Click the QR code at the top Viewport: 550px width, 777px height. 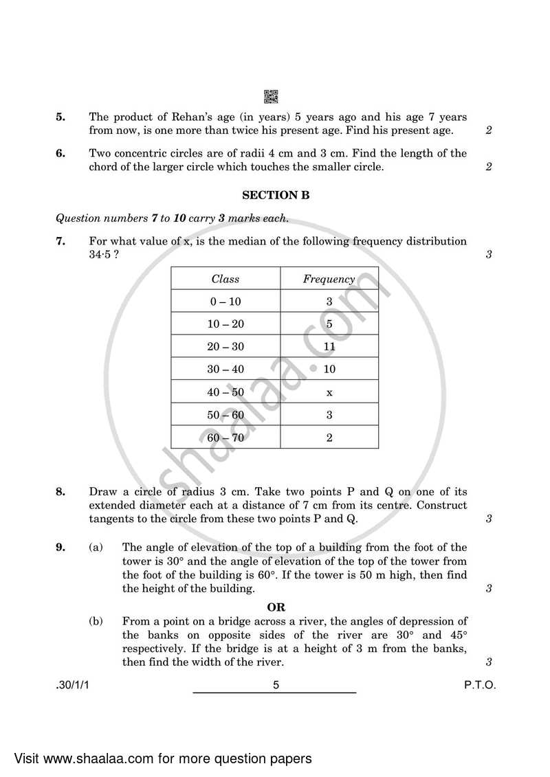(271, 97)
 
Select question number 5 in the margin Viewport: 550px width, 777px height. (60, 117)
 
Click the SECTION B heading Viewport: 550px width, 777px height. (276, 195)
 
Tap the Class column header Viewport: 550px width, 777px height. (225, 279)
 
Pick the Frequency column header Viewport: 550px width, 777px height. (329, 279)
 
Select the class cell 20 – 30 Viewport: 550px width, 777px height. (225, 347)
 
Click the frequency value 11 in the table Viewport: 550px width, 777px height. (329, 347)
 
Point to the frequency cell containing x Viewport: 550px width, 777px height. (329, 392)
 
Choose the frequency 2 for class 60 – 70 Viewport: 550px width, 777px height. (329, 438)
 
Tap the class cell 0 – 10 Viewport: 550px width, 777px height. (225, 302)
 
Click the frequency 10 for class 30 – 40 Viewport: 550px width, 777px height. (329, 370)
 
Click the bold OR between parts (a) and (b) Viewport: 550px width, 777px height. (276, 607)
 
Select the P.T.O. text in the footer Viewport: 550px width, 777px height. (479, 685)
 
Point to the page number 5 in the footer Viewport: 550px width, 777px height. (275, 685)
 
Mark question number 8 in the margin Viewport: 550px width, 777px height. (60, 492)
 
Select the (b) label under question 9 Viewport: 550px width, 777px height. (96, 622)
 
